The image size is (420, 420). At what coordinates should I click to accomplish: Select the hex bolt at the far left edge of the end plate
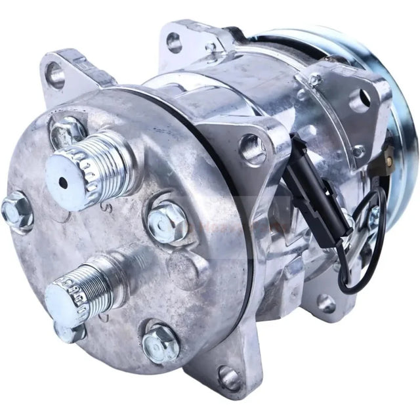[16, 211]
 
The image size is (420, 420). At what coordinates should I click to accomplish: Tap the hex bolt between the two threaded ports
[167, 220]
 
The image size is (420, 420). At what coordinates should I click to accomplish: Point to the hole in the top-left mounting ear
[55, 75]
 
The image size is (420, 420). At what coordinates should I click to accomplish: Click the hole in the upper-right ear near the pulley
[359, 100]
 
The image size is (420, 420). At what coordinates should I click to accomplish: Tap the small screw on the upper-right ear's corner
[316, 80]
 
